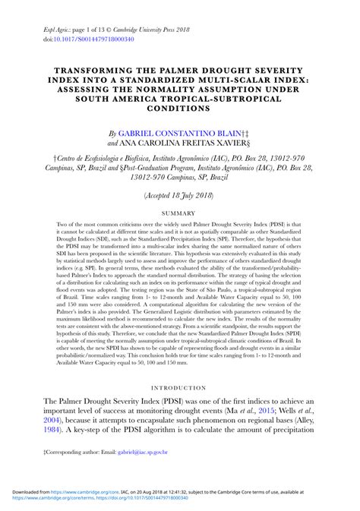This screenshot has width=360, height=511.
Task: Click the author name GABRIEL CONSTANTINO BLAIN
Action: [188, 131]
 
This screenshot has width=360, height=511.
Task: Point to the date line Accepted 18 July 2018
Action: [179, 195]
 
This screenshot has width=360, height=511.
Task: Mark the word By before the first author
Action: [113, 131]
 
